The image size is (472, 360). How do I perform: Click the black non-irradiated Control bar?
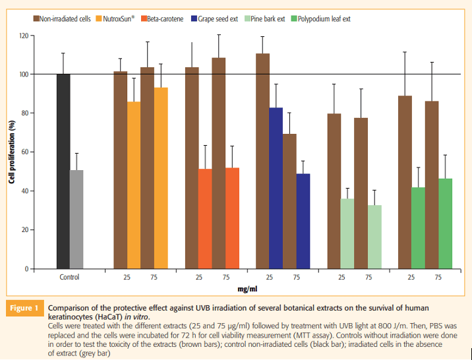63,171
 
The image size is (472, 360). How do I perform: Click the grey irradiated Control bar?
76,220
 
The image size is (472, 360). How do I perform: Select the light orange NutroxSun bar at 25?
134,185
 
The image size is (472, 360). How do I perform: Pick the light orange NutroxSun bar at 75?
160,178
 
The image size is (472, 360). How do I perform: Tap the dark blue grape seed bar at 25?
276,188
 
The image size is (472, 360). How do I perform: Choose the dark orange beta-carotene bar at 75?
232,218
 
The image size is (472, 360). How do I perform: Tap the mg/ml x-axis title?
247,289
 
